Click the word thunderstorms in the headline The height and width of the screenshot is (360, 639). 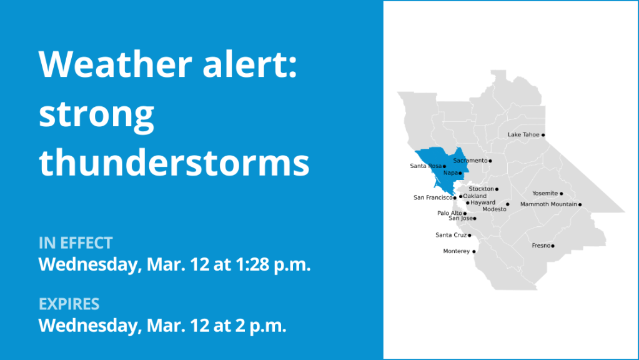pyautogui.click(x=174, y=162)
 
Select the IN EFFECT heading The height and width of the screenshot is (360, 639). pyautogui.click(x=76, y=243)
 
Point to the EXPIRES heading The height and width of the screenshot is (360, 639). pyautogui.click(x=69, y=304)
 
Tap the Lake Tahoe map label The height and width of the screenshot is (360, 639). pyautogui.click(x=523, y=134)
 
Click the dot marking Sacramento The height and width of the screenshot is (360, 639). pyautogui.click(x=490, y=161)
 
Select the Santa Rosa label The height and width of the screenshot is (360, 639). pyautogui.click(x=426, y=166)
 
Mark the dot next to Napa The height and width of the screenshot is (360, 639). pyautogui.click(x=460, y=173)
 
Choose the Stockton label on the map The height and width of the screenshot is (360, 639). pyautogui.click(x=482, y=189)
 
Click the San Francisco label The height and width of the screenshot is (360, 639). pyautogui.click(x=433, y=197)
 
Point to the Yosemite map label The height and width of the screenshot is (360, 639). pyautogui.click(x=545, y=193)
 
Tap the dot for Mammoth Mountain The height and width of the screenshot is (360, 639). pyautogui.click(x=580, y=204)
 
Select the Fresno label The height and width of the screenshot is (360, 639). pyautogui.click(x=541, y=246)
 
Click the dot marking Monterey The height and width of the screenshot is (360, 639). pyautogui.click(x=474, y=251)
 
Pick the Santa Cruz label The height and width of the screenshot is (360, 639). pyautogui.click(x=451, y=235)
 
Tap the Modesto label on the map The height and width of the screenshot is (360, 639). pyautogui.click(x=494, y=209)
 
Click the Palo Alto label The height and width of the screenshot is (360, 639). pyautogui.click(x=450, y=213)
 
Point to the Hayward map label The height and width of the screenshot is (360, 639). pyautogui.click(x=483, y=202)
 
